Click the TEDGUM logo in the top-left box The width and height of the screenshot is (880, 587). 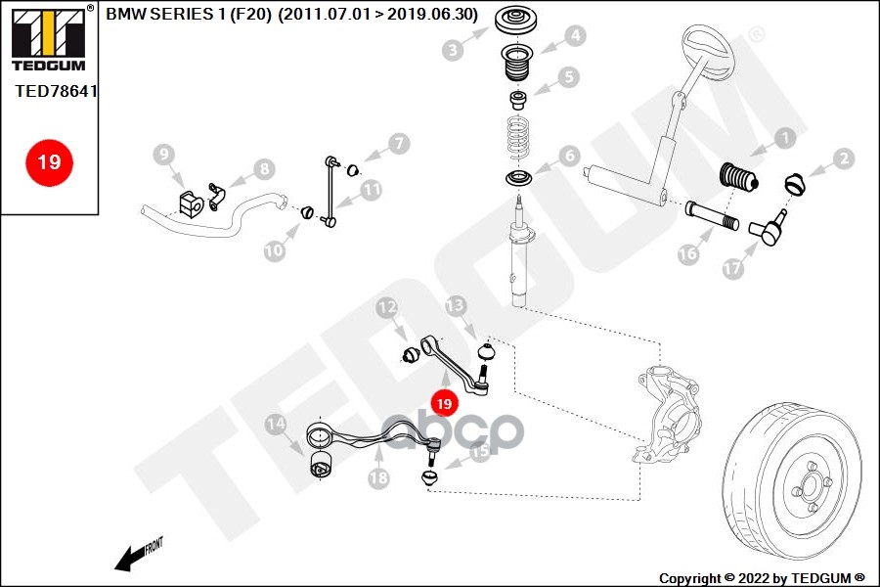tap(49, 39)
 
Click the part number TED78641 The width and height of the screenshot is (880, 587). tap(56, 91)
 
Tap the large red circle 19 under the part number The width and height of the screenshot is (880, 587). tap(49, 162)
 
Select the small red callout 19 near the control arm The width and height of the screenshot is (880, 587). tap(444, 403)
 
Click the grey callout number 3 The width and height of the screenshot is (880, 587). tap(453, 50)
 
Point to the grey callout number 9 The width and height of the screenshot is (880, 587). tap(164, 155)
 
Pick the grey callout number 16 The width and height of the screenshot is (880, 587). tap(688, 254)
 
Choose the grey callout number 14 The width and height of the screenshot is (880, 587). tap(276, 424)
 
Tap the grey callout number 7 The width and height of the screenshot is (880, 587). tap(399, 143)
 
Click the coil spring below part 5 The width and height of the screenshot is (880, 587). tap(518, 136)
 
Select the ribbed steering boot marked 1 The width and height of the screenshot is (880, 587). tap(738, 178)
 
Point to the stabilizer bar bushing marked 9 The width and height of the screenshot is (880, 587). tap(191, 203)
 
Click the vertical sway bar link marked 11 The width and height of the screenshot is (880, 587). tap(330, 192)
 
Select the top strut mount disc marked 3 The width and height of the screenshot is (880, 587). tap(515, 21)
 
